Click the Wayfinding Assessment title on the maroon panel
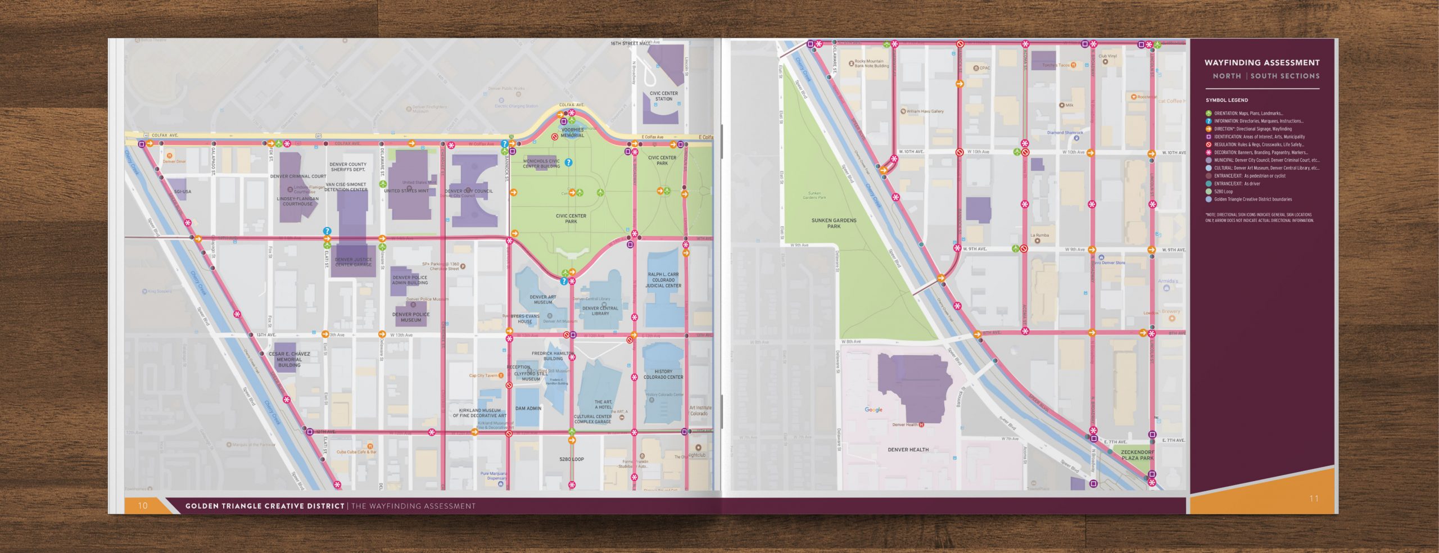(1261, 62)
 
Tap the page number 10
(143, 505)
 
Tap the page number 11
(1314, 498)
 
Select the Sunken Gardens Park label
(834, 223)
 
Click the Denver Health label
(908, 450)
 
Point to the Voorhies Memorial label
(572, 133)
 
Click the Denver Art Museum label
(542, 300)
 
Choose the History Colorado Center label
(663, 374)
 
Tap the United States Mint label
(406, 191)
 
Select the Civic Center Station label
(663, 96)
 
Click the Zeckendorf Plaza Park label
(1137, 455)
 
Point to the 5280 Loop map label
(571, 459)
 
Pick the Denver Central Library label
(600, 311)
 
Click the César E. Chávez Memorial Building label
(289, 360)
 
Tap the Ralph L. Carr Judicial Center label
(663, 280)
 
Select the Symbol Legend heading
(1227, 100)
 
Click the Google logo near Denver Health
(874, 410)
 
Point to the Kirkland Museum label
(479, 413)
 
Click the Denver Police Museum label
(410, 317)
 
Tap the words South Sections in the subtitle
(1284, 76)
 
